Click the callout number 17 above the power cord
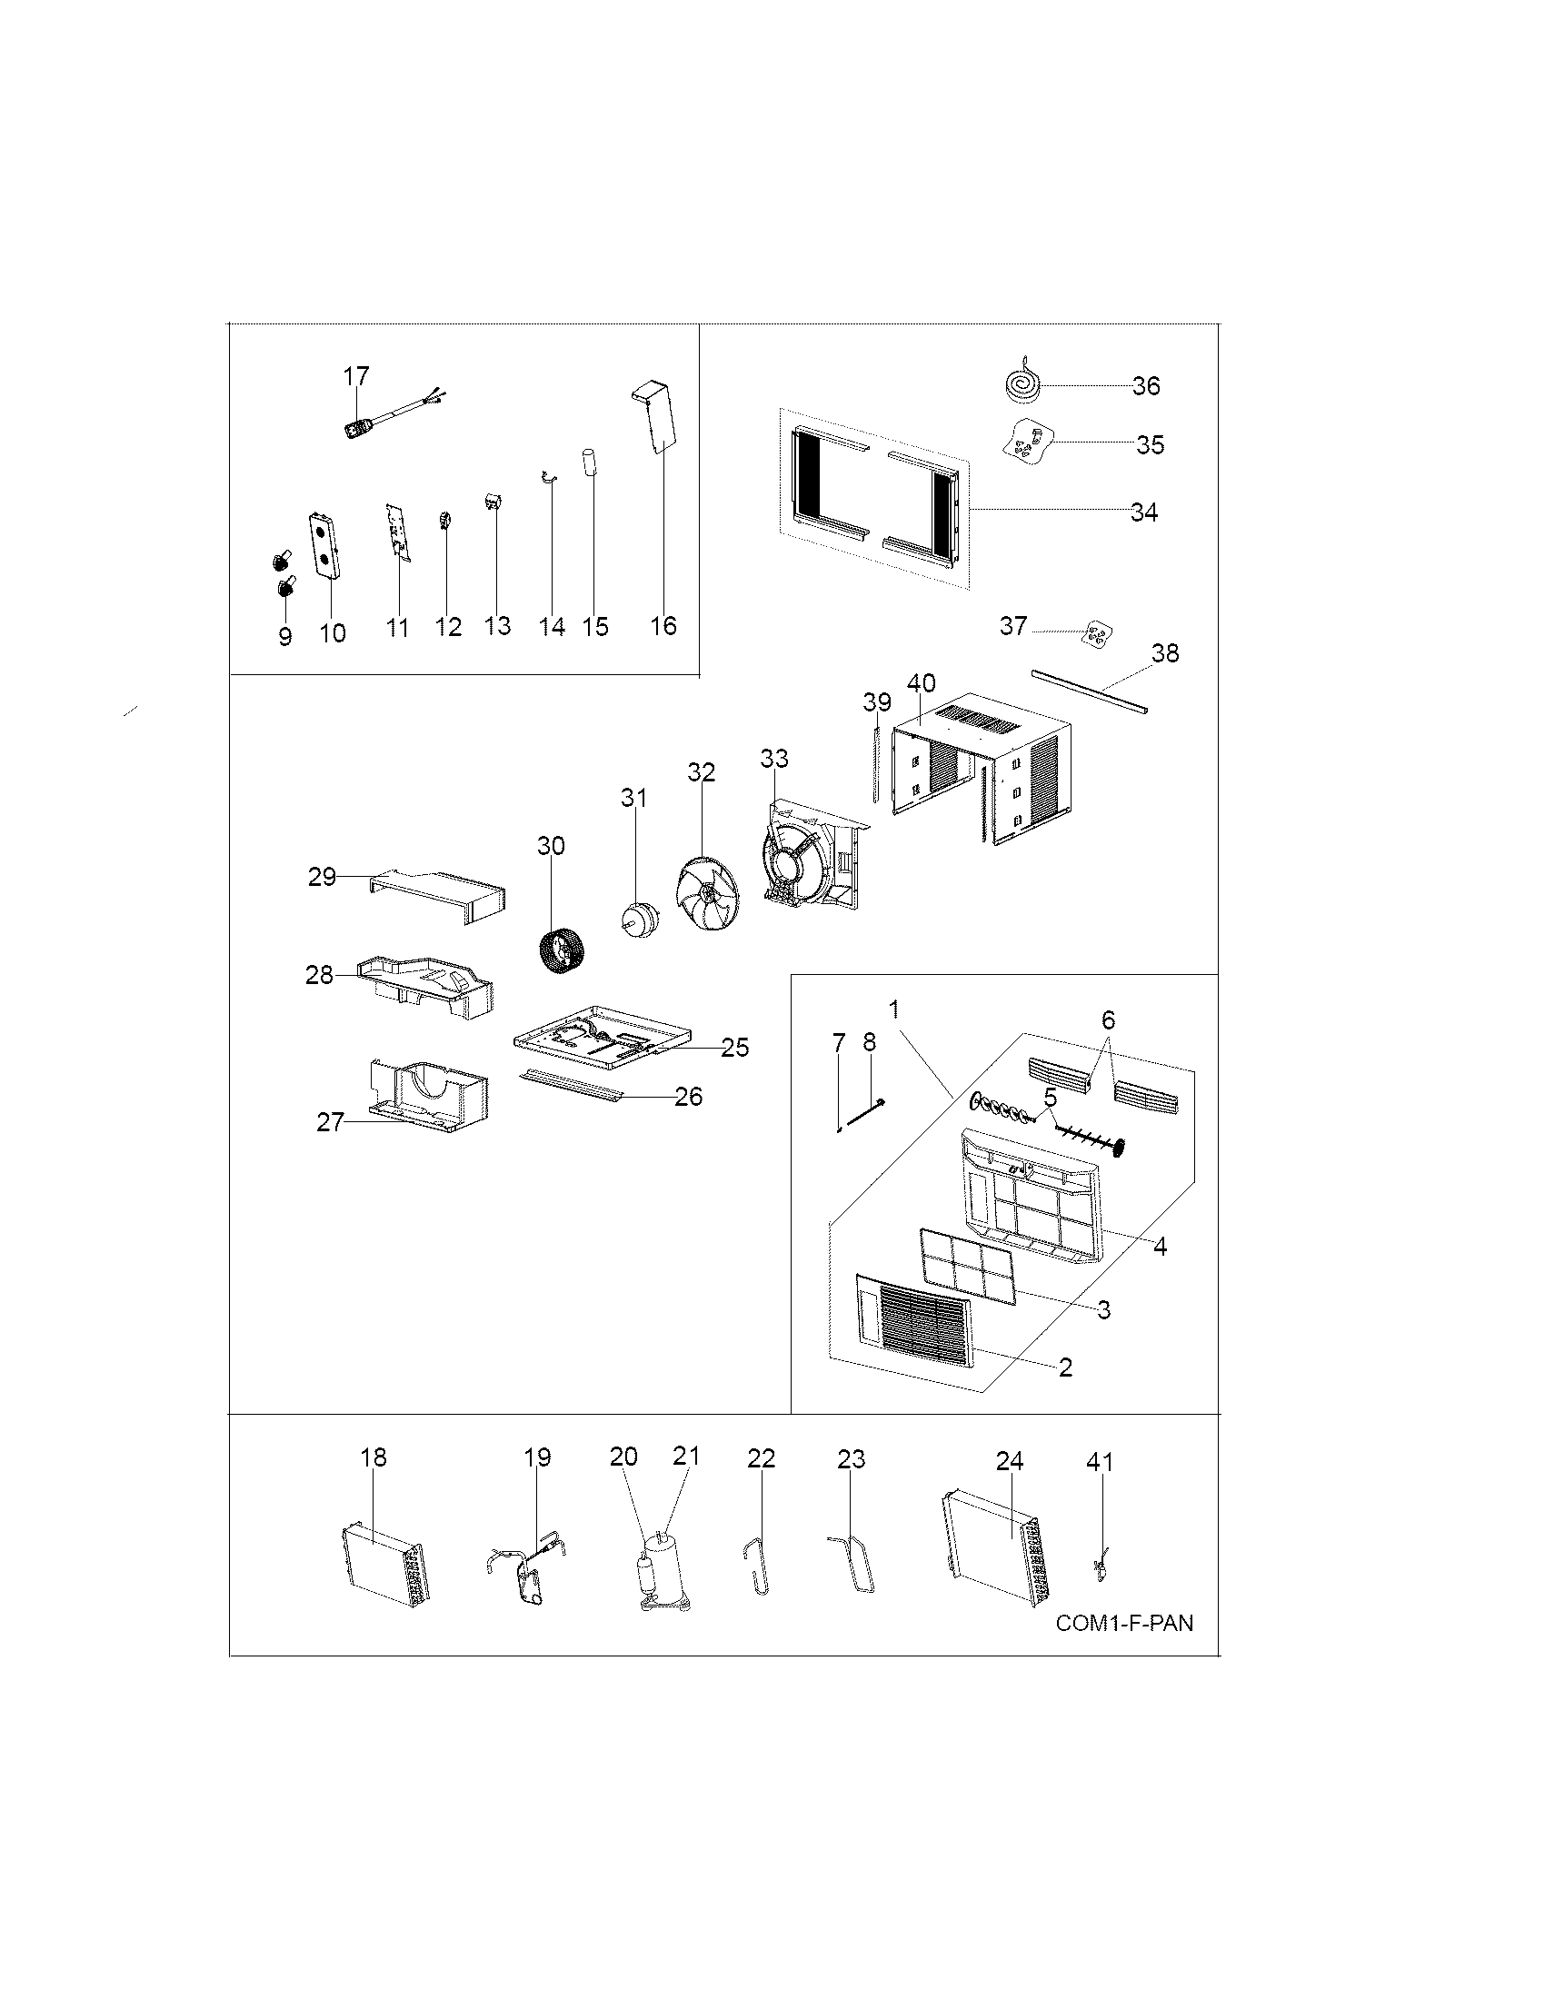coord(356,376)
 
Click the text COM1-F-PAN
coord(1124,1623)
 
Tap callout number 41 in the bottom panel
coord(1100,1462)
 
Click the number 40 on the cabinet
coord(921,683)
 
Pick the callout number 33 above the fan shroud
coord(773,759)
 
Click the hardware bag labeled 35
coord(1030,444)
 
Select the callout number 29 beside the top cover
coord(323,877)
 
